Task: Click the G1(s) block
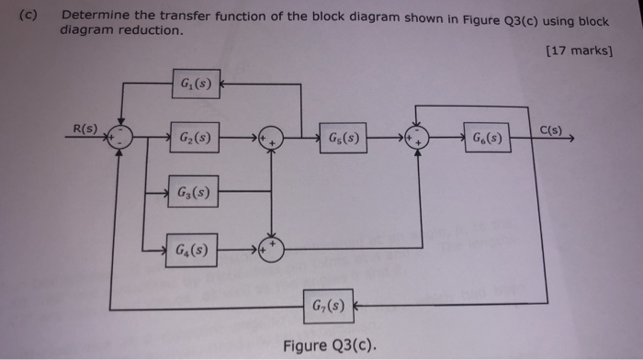[x=195, y=86]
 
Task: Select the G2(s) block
[x=194, y=140]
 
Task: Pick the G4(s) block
[x=191, y=248]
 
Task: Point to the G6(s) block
[x=486, y=140]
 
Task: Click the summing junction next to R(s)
[x=118, y=139]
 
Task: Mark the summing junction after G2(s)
[x=272, y=140]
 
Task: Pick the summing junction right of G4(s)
[x=272, y=247]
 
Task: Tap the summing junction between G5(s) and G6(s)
[x=419, y=140]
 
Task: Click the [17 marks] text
[x=579, y=51]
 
